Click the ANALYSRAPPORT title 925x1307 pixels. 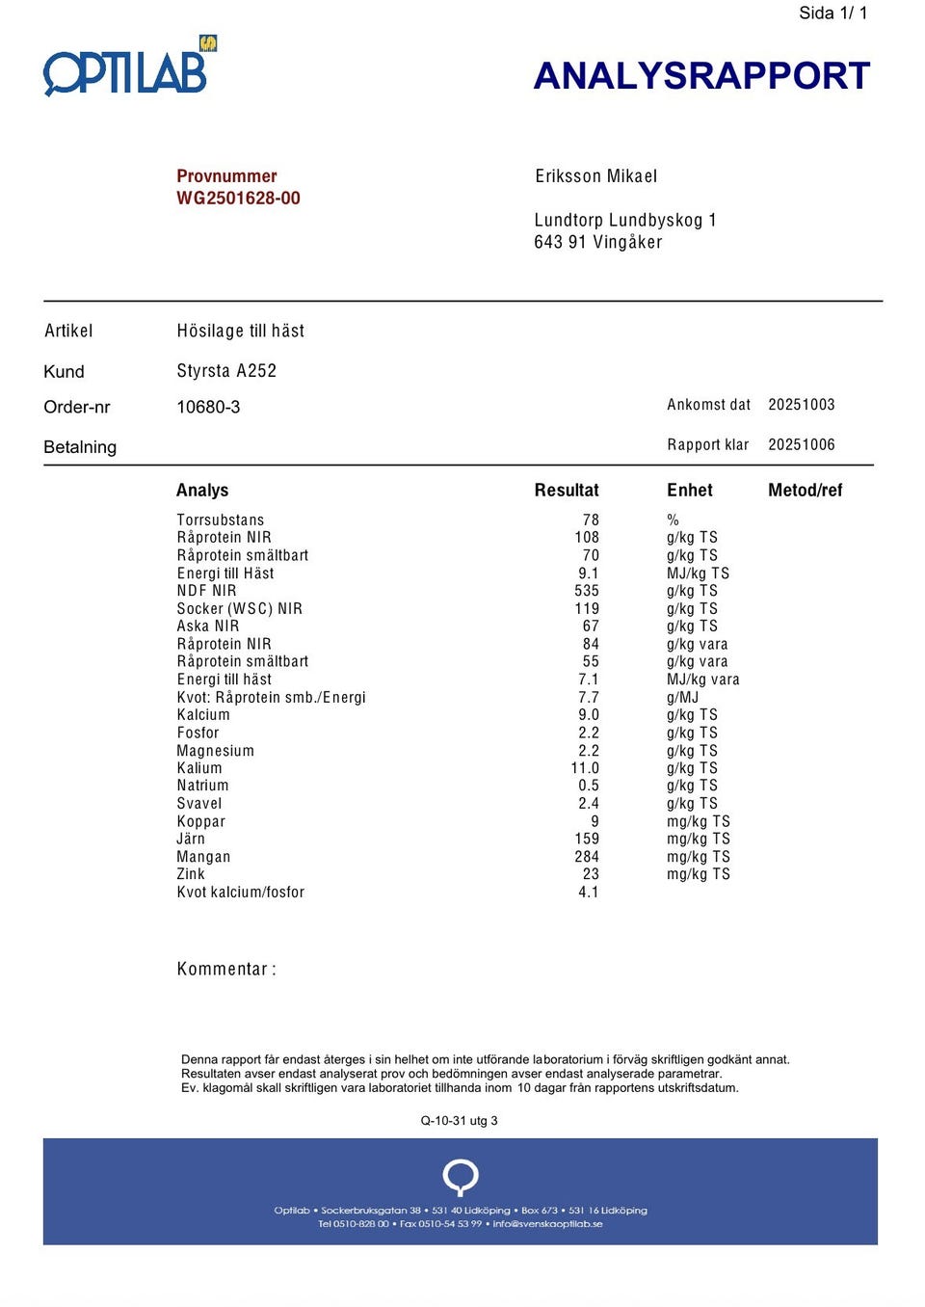click(x=701, y=76)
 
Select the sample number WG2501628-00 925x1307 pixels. click(x=238, y=199)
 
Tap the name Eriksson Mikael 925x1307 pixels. click(x=595, y=176)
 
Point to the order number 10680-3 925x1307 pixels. click(x=208, y=407)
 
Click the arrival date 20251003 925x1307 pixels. click(x=801, y=405)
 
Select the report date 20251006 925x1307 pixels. click(x=801, y=444)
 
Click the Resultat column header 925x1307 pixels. click(x=567, y=491)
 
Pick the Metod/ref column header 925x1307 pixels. click(x=805, y=491)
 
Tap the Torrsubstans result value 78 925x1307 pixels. click(x=591, y=520)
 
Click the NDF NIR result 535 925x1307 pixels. click(x=586, y=591)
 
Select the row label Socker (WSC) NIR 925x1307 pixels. click(x=239, y=608)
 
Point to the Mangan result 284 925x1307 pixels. click(x=586, y=857)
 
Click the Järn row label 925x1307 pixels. click(x=191, y=839)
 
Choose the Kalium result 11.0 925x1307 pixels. click(x=585, y=768)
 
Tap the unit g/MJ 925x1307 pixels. click(x=682, y=697)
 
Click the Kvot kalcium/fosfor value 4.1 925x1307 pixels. click(x=588, y=893)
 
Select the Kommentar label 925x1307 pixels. click(x=225, y=969)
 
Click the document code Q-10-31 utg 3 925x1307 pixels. click(x=459, y=1121)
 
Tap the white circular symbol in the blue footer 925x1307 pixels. click(x=461, y=1177)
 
